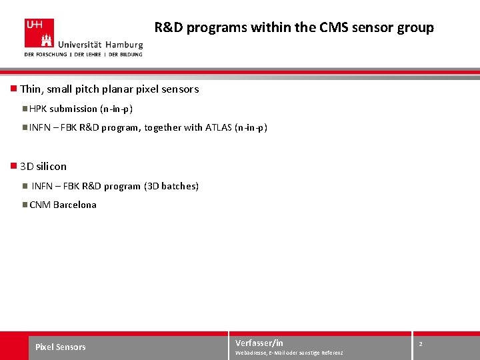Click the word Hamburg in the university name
tap(123, 44)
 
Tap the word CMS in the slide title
tap(338, 28)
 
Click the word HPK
tap(38, 109)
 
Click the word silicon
tap(52, 166)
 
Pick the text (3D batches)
tap(171, 186)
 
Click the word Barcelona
tap(75, 205)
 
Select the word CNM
tap(40, 205)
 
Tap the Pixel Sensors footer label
tap(61, 347)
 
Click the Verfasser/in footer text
tap(259, 343)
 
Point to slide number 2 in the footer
tap(421, 343)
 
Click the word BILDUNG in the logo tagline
tap(128, 54)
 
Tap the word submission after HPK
tap(73, 109)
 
